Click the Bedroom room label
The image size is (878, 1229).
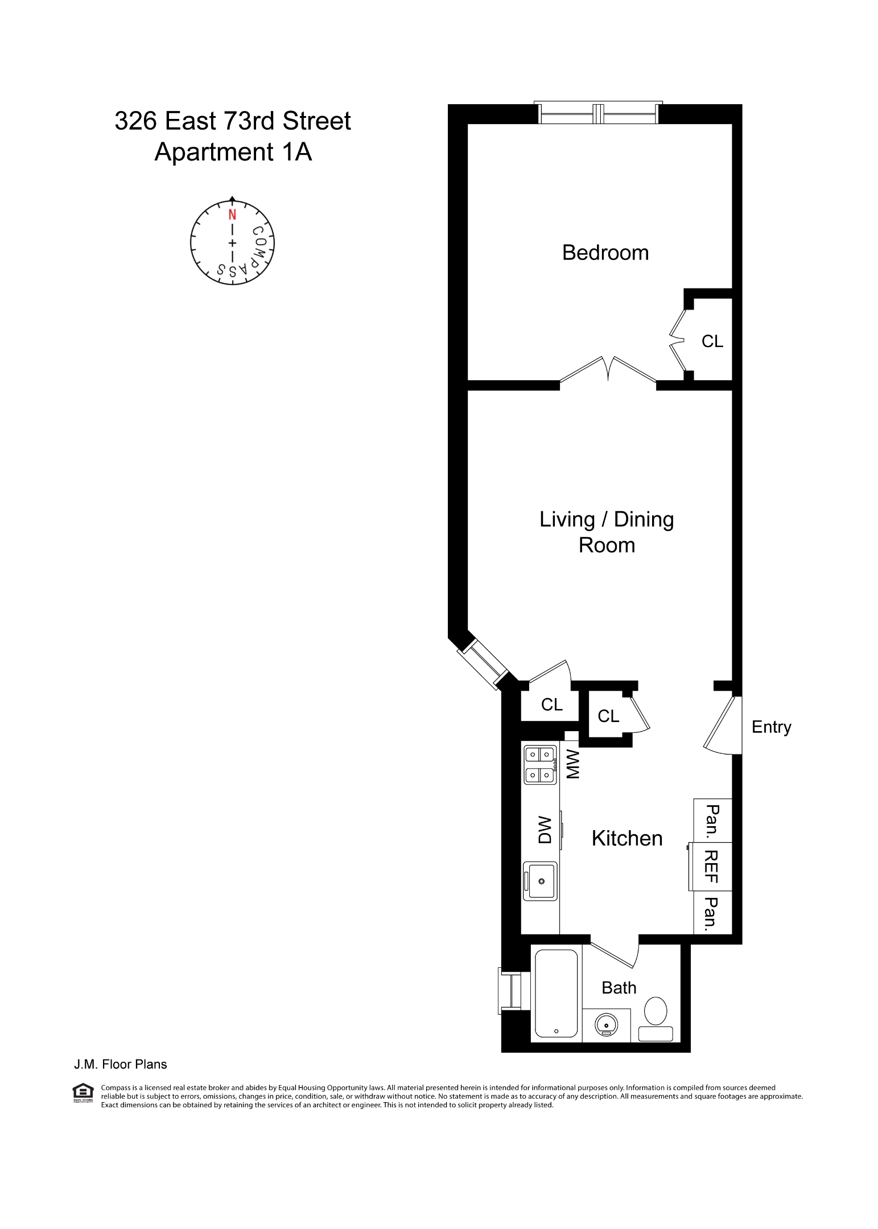[605, 253]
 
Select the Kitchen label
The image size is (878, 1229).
[626, 838]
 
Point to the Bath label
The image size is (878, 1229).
[619, 987]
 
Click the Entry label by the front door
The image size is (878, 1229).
[771, 727]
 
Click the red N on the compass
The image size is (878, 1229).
[232, 215]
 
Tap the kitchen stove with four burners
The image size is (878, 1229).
[540, 765]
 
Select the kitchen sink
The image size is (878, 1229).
[540, 881]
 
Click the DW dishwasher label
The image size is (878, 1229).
[545, 830]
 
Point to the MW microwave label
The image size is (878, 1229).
[572, 764]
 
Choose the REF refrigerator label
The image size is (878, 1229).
[711, 867]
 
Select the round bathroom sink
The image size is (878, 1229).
[606, 1025]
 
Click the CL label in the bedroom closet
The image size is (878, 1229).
[712, 341]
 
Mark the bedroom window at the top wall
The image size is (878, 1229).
[597, 114]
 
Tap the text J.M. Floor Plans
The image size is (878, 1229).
[120, 1065]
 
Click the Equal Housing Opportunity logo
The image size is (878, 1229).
[83, 1092]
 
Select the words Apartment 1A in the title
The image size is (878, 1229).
[233, 152]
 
